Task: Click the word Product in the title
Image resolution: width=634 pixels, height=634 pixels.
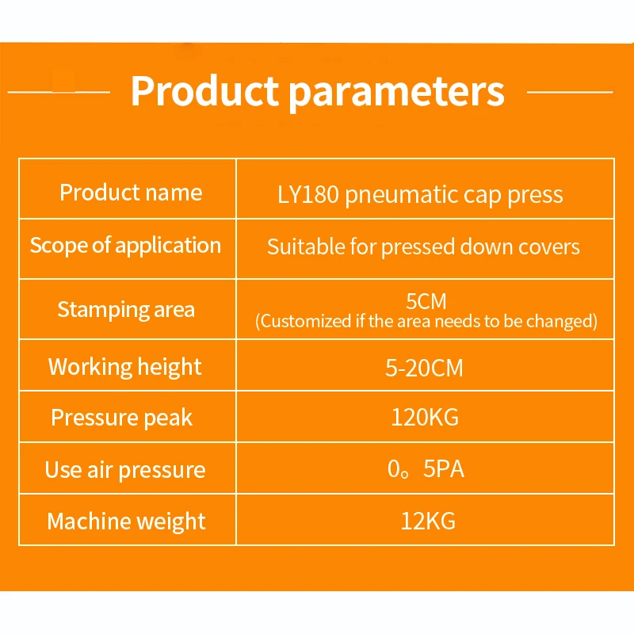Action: click(x=204, y=91)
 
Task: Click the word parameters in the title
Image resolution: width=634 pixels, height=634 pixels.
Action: click(x=398, y=94)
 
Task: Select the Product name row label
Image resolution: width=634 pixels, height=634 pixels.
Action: click(x=131, y=192)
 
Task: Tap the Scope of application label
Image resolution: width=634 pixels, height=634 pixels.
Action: click(x=125, y=246)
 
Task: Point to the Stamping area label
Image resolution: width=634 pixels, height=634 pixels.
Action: click(x=126, y=310)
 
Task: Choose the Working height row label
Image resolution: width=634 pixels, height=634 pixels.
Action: click(x=125, y=367)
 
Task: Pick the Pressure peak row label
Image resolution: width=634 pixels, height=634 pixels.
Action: click(x=122, y=418)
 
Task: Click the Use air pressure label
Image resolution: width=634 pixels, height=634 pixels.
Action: click(x=125, y=470)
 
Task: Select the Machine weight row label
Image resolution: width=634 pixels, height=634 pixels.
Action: click(x=126, y=521)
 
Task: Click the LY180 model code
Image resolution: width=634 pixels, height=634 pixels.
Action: click(x=308, y=194)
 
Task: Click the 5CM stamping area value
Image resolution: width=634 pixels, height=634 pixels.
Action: click(x=426, y=301)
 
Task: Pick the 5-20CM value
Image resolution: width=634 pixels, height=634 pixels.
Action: click(x=424, y=369)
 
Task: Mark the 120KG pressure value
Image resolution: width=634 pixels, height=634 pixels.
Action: click(x=425, y=418)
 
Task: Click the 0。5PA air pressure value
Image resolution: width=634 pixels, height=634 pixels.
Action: click(x=426, y=469)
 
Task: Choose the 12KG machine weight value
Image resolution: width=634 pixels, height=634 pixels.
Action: click(x=428, y=521)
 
